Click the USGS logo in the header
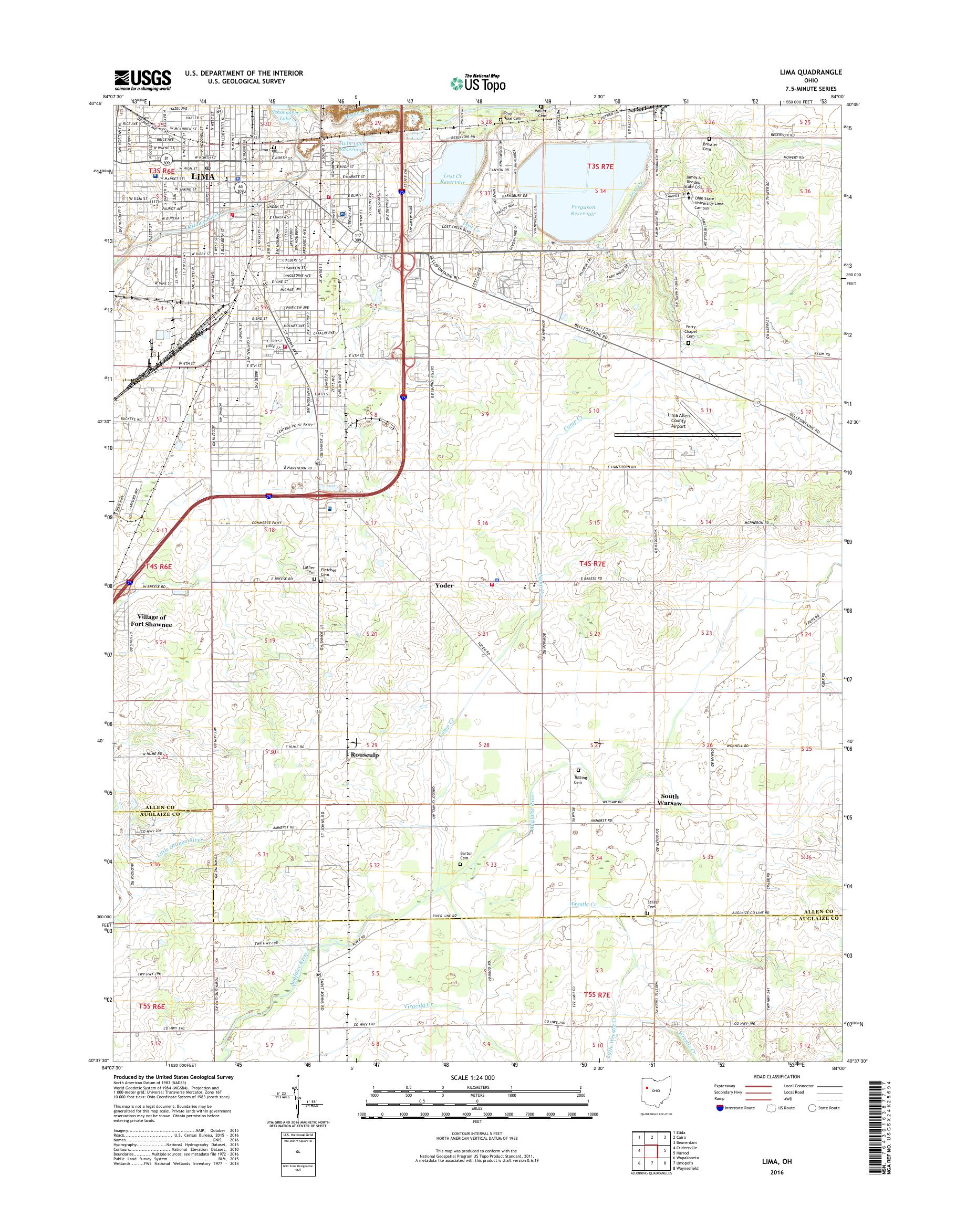143,80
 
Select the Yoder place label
444,585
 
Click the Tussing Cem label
579,778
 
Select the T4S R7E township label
593,565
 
